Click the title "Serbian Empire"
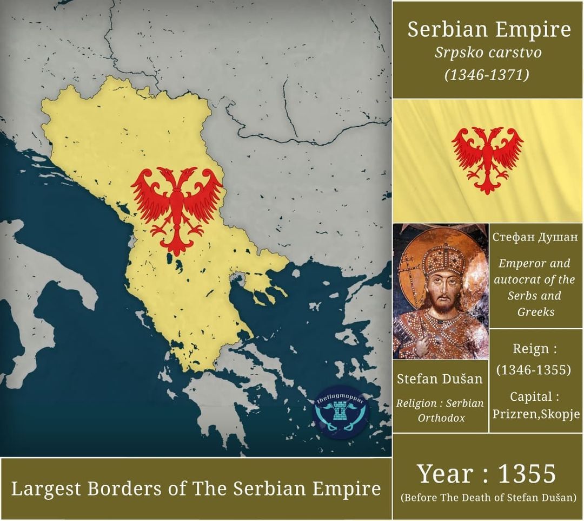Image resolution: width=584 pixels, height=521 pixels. pyautogui.click(x=488, y=30)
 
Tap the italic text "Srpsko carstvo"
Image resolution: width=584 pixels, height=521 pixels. pyautogui.click(x=488, y=53)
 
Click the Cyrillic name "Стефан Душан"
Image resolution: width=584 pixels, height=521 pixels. pyautogui.click(x=535, y=237)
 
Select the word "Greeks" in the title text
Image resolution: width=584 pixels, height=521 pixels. pyautogui.click(x=535, y=311)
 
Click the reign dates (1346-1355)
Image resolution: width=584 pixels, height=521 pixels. pyautogui.click(x=534, y=370)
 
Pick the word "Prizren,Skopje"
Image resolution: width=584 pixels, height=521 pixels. pyautogui.click(x=536, y=414)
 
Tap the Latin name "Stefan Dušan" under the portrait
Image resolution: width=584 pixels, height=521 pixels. pyautogui.click(x=440, y=379)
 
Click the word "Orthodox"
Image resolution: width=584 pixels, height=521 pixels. pyautogui.click(x=441, y=418)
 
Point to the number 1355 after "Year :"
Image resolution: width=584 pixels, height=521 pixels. pyautogui.click(x=527, y=474)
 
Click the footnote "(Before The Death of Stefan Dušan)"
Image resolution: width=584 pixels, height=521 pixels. pyautogui.click(x=488, y=497)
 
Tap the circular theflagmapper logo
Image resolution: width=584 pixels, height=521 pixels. pyautogui.click(x=341, y=412)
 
